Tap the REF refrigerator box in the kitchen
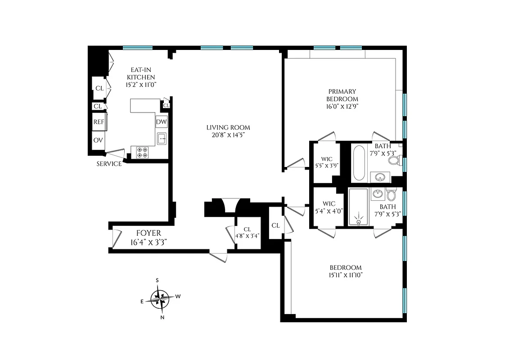coord(99,121)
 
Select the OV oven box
coord(98,140)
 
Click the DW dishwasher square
coord(161,122)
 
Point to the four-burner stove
coord(143,153)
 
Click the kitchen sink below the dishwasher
coord(162,139)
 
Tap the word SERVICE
coord(109,164)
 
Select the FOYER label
coord(149,233)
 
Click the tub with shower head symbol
coord(359,207)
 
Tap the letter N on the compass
coord(162,317)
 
